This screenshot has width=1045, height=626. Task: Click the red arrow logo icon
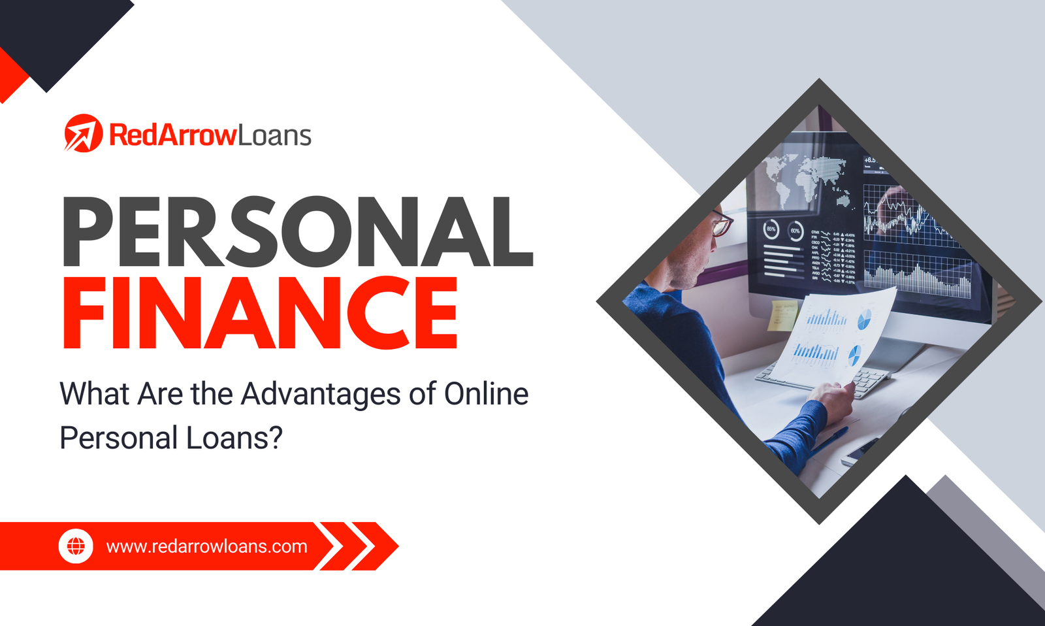click(83, 133)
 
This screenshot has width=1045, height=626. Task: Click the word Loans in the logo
click(274, 135)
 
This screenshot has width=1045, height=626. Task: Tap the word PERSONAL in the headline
click(298, 231)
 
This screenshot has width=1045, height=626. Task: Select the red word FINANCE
click(259, 312)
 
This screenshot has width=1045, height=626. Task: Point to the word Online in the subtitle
click(486, 393)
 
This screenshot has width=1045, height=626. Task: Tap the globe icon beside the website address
click(76, 546)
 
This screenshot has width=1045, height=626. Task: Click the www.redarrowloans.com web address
click(206, 546)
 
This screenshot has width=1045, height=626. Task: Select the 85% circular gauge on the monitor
click(771, 229)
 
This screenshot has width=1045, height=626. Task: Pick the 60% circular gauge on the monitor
click(795, 231)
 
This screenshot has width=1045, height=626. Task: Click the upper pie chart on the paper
click(864, 320)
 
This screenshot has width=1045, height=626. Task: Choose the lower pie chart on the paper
click(854, 355)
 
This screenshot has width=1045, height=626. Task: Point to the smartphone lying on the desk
click(861, 451)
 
